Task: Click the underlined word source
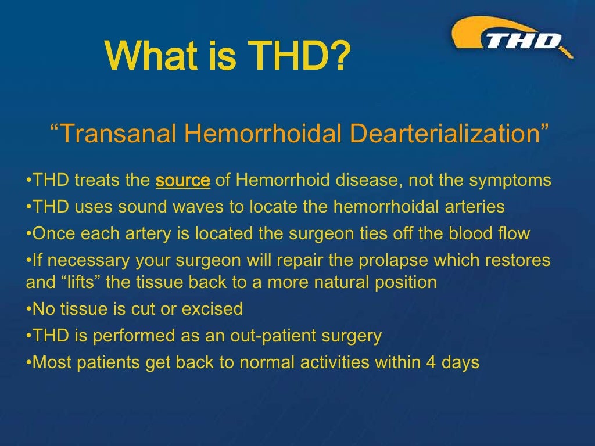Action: click(182, 181)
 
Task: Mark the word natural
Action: click(339, 283)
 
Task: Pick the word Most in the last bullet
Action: click(50, 362)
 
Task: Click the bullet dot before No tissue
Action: click(29, 309)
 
